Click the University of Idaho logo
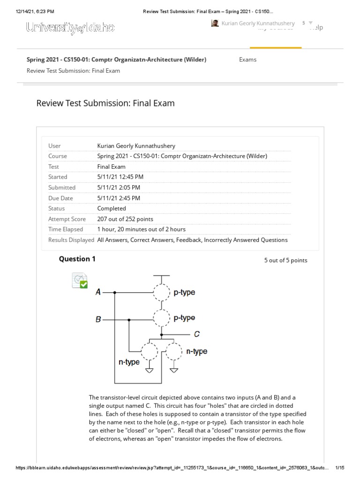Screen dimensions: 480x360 (70, 28)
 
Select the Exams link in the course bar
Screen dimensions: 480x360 (247, 60)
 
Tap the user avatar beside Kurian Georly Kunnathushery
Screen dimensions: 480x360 (215, 23)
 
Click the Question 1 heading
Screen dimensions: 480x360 (77, 259)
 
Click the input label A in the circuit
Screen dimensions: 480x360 (98, 292)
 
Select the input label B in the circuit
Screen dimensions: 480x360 (98, 319)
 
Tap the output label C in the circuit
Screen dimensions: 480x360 (197, 334)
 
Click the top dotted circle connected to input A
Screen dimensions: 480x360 (162, 292)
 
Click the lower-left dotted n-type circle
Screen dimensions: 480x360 (150, 351)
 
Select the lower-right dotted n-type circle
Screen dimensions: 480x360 (174, 351)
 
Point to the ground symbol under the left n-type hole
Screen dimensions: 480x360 (150, 370)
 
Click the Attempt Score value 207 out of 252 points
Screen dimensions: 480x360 (125, 219)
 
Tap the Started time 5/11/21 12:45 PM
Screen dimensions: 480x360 (120, 177)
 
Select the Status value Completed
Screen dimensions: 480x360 (112, 208)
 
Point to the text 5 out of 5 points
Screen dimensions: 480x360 (285, 261)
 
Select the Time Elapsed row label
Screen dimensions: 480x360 (66, 229)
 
